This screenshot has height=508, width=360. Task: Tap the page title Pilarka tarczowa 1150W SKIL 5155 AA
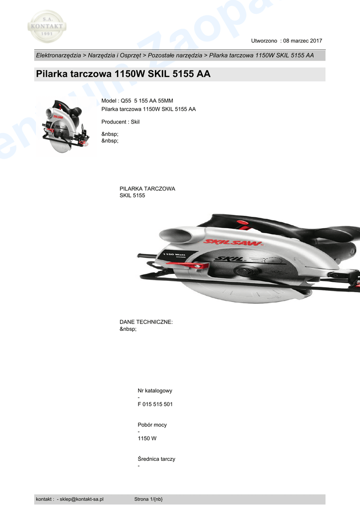coord(123,74)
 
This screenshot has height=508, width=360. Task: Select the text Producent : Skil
coord(121,122)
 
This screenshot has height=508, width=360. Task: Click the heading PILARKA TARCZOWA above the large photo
coord(147,189)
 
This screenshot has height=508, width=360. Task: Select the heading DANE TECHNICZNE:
coord(146,322)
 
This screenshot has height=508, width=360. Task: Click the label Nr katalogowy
coord(155,391)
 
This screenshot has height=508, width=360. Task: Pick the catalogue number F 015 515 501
coord(155,404)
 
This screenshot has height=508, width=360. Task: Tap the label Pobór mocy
coord(152,425)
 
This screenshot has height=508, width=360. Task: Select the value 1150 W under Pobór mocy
coord(147,439)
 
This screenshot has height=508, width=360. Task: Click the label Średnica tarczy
coord(156,459)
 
